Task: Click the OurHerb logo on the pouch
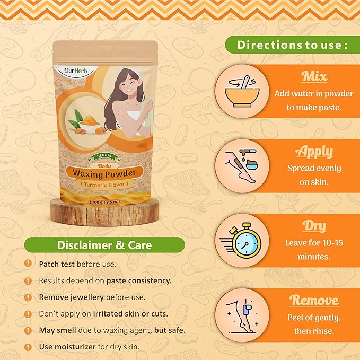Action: (x=76, y=71)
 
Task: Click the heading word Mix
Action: (x=314, y=76)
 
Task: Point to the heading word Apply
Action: (x=314, y=152)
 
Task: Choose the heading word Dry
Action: (x=314, y=226)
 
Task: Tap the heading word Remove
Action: (x=314, y=300)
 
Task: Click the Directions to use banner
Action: (x=293, y=45)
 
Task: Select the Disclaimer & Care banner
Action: (x=104, y=245)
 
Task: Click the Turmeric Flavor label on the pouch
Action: (x=104, y=185)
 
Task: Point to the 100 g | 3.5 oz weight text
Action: (x=104, y=202)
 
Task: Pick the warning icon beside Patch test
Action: (x=28, y=264)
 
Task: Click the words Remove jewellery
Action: (x=72, y=297)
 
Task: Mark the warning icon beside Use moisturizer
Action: (x=28, y=347)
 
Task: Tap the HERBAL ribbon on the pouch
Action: (x=104, y=156)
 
